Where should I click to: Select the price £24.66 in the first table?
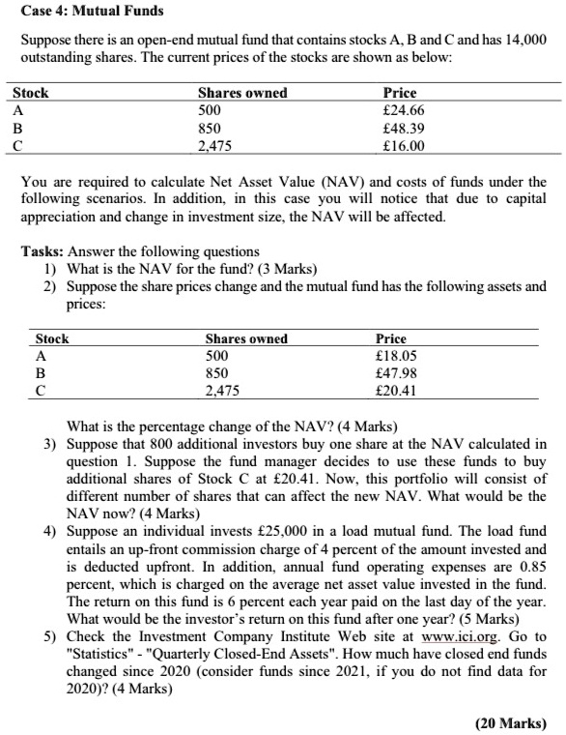pos(404,110)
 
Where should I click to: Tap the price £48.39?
pos(404,129)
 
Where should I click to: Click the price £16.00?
pos(404,147)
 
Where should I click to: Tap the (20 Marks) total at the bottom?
pos(512,722)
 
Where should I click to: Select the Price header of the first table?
pos(400,93)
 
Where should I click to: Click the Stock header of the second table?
pos(52,338)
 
